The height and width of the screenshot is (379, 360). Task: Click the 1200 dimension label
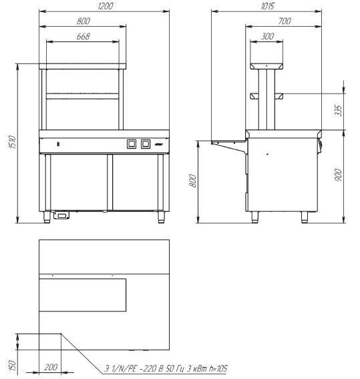pyautogui.click(x=106, y=6)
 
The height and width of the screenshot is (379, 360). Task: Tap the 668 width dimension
pyautogui.click(x=83, y=36)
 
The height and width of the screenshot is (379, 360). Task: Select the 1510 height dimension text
pyautogui.click(x=12, y=142)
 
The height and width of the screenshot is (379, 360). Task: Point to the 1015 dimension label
pyautogui.click(x=268, y=6)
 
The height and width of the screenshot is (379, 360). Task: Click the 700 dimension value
pyautogui.click(x=285, y=21)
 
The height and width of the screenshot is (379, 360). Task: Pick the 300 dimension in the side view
pyautogui.click(x=268, y=36)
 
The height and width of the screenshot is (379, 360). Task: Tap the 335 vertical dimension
pyautogui.click(x=339, y=111)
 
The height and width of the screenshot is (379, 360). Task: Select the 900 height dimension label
pyautogui.click(x=339, y=175)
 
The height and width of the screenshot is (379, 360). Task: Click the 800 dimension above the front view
pyautogui.click(x=83, y=21)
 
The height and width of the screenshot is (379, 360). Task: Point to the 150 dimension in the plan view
pyautogui.click(x=12, y=365)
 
